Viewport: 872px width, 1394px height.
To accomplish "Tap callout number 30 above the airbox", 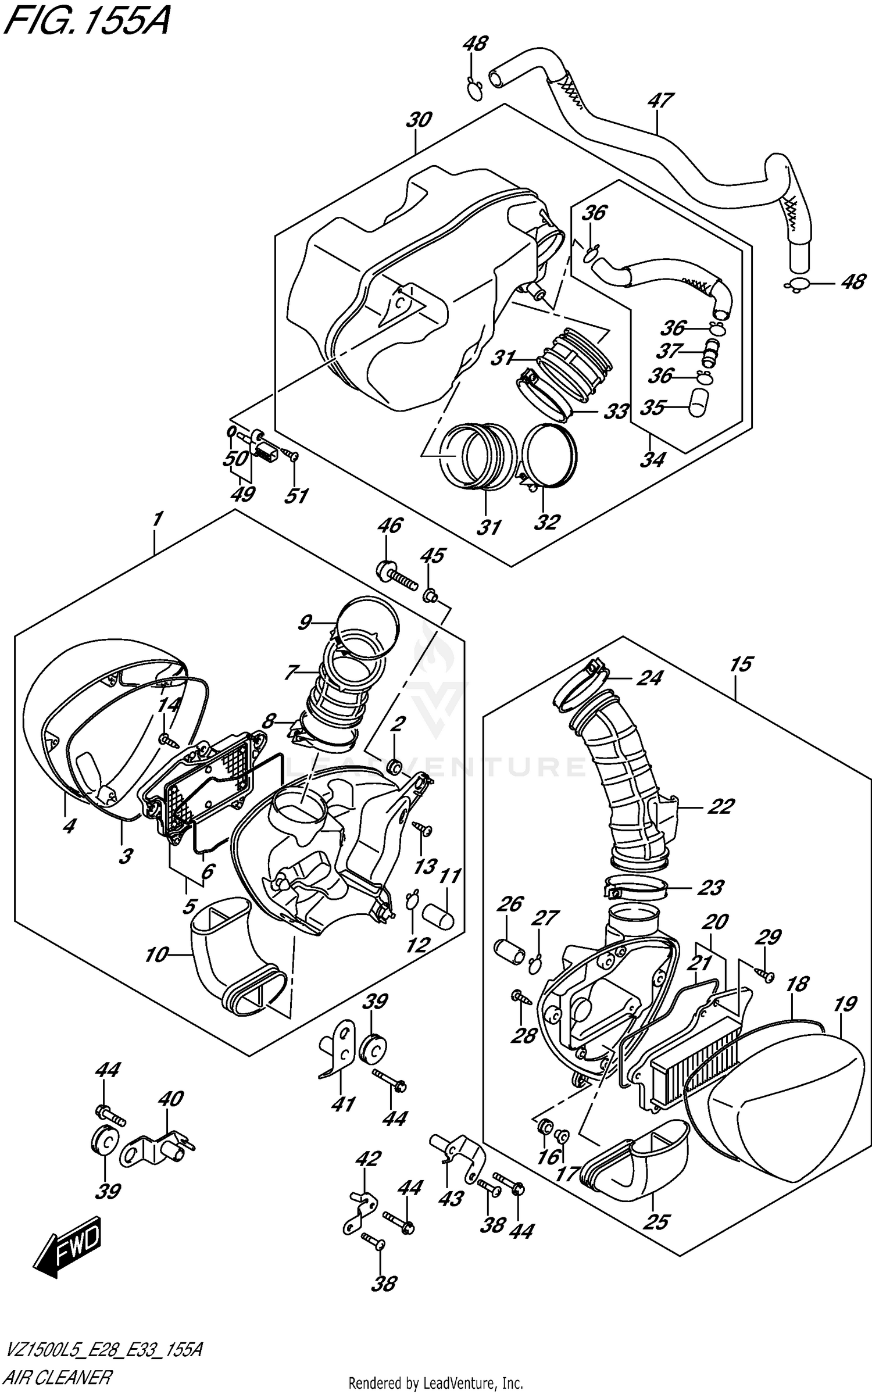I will click(x=419, y=120).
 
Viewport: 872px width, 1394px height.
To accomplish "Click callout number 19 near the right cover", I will click(x=845, y=1004).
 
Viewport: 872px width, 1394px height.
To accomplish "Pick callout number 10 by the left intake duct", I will click(x=156, y=955).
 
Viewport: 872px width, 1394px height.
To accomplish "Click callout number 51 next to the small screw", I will click(x=296, y=495).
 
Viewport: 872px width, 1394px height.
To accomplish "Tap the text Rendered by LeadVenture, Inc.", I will click(x=435, y=1384).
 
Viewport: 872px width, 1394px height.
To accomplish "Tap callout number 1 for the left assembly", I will click(x=158, y=519).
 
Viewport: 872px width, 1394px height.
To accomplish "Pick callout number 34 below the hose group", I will click(x=652, y=460).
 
